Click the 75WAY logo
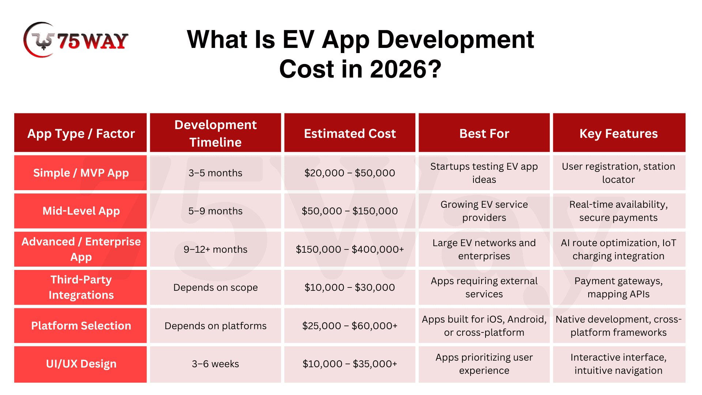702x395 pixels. point(76,40)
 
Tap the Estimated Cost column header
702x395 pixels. point(350,133)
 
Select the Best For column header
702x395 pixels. point(484,133)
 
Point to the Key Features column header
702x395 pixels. point(619,133)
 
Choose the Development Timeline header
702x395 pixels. point(215,133)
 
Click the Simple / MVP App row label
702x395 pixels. point(81,173)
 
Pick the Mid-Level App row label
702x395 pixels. point(81,211)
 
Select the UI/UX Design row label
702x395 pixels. point(81,364)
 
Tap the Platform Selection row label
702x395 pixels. point(81,326)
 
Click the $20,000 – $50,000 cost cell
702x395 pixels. point(350,173)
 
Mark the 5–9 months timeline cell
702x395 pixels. point(215,211)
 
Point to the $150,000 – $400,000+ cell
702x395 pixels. point(350,249)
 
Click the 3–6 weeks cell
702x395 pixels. point(215,364)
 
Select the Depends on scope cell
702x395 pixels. point(215,287)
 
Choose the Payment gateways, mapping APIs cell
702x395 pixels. point(619,287)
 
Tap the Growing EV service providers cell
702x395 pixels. point(484,211)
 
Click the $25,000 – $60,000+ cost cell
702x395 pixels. point(350,326)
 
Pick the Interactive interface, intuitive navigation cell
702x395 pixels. point(619,364)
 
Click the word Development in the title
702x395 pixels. point(455,39)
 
